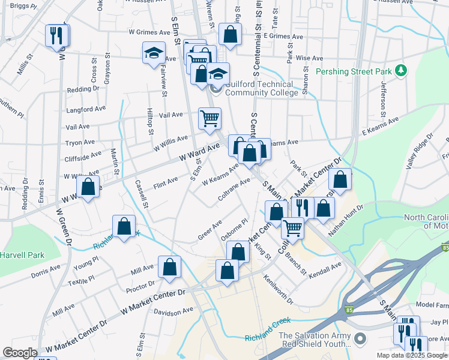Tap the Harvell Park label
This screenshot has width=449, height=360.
[x=22, y=255]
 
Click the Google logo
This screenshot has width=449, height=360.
[x=20, y=353]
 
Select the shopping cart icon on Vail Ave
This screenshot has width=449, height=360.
[x=209, y=118]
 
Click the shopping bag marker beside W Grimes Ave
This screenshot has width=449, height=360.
[x=230, y=34]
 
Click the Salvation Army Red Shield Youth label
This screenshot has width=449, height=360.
[x=314, y=340]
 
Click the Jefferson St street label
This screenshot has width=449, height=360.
[x=382, y=97]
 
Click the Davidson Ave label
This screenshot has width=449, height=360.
[x=173, y=311]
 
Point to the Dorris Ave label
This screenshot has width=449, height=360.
[x=46, y=268]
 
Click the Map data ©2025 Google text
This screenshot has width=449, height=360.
[x=411, y=355]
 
